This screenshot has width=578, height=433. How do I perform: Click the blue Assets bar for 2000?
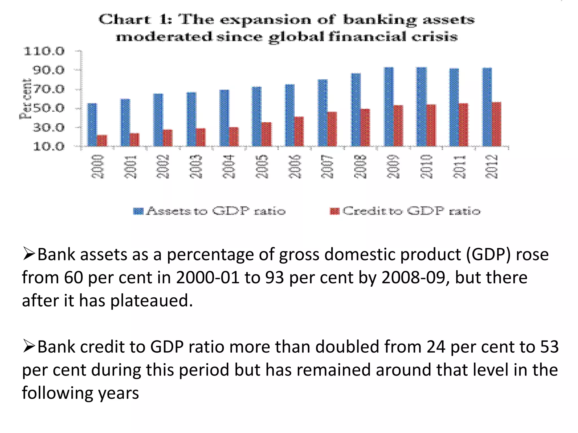[92, 125]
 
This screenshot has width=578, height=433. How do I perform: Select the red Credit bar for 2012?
[497, 124]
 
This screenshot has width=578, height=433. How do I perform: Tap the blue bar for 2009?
[389, 107]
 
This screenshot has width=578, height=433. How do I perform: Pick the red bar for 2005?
[266, 134]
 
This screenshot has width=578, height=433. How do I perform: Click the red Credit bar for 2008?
[365, 127]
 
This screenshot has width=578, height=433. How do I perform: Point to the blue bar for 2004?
[224, 118]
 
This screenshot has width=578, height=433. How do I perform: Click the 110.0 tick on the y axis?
[44, 52]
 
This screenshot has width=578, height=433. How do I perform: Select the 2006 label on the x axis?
[295, 166]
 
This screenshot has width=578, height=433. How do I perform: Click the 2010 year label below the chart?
[426, 166]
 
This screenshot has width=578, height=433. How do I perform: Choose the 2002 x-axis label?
[163, 166]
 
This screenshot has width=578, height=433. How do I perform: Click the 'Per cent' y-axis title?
[26, 99]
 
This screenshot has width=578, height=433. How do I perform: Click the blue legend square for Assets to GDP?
[138, 211]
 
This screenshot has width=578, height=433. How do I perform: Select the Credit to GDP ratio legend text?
[411, 211]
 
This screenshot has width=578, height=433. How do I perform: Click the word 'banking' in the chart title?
[380, 20]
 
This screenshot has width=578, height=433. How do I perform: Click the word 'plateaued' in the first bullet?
[151, 301]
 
